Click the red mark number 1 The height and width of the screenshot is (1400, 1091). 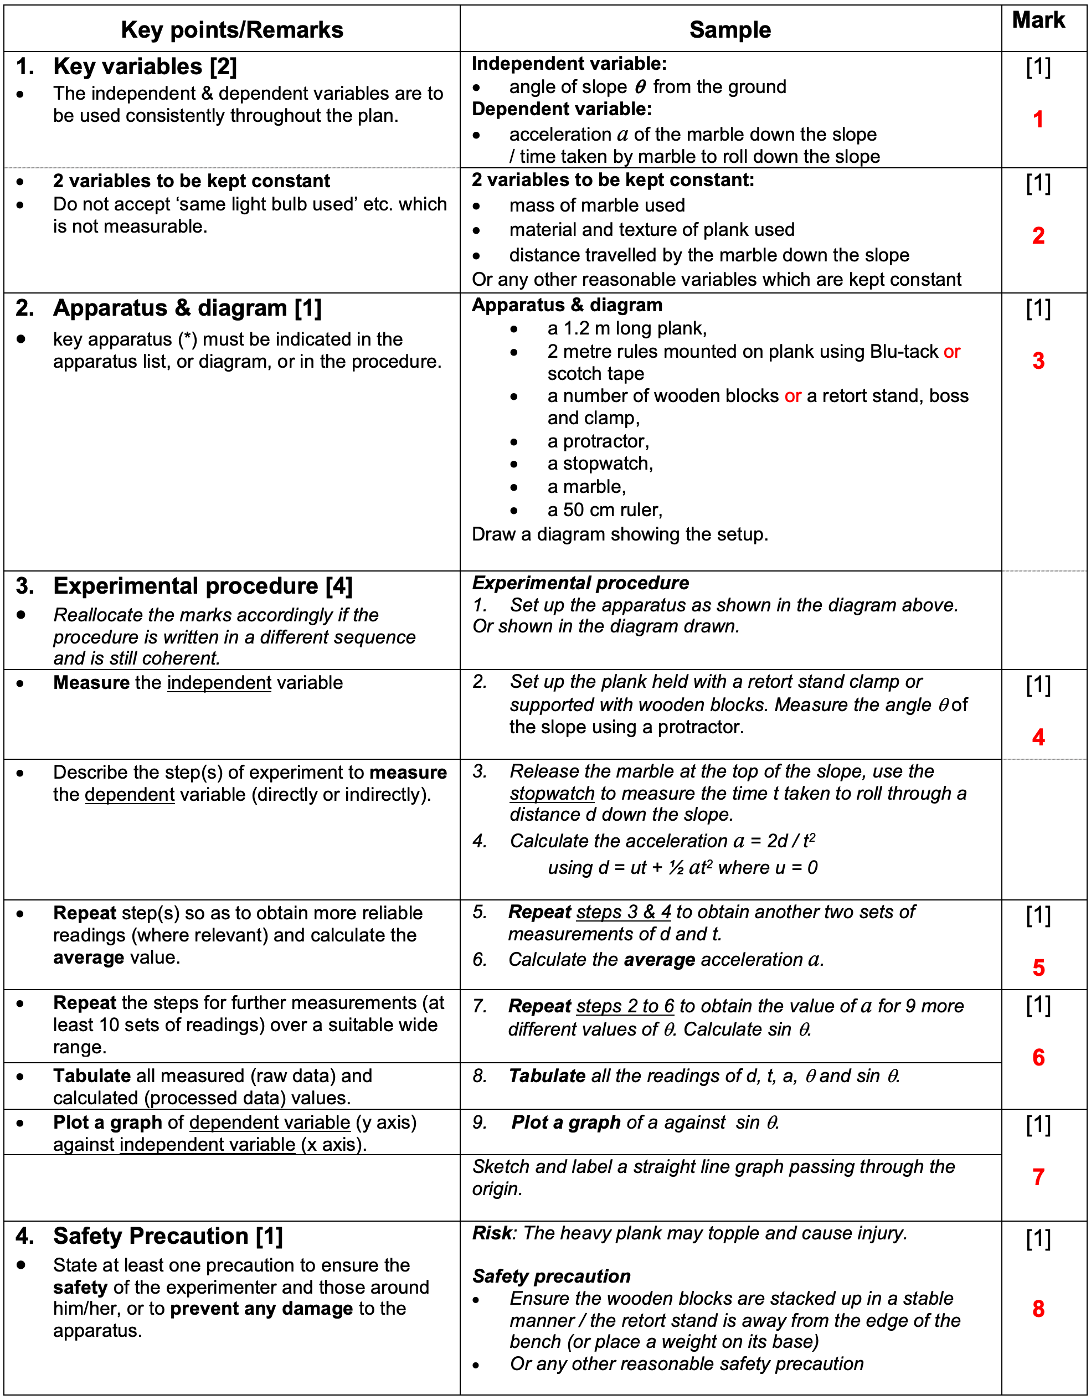1038,120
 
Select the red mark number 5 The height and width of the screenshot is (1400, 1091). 1038,967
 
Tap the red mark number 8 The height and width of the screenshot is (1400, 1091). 1038,1308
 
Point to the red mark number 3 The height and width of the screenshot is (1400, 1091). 1038,361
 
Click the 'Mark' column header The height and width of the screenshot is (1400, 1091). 1038,20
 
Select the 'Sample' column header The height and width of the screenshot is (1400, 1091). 729,29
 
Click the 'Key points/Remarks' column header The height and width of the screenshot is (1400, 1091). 232,29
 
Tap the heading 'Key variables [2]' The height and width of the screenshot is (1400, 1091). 145,66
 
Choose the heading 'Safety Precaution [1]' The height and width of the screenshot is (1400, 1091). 168,1236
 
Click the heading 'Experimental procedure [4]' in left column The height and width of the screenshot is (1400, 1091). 203,586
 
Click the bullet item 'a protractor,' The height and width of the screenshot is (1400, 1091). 598,441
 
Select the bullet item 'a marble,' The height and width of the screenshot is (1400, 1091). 586,487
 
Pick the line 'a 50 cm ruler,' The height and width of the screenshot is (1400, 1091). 604,509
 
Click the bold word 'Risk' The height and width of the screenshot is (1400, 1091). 492,1233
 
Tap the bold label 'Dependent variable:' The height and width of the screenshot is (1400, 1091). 562,110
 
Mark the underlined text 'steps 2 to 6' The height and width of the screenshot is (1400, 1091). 625,1006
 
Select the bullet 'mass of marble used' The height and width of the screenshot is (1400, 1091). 597,205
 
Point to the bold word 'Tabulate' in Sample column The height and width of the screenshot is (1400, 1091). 547,1075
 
